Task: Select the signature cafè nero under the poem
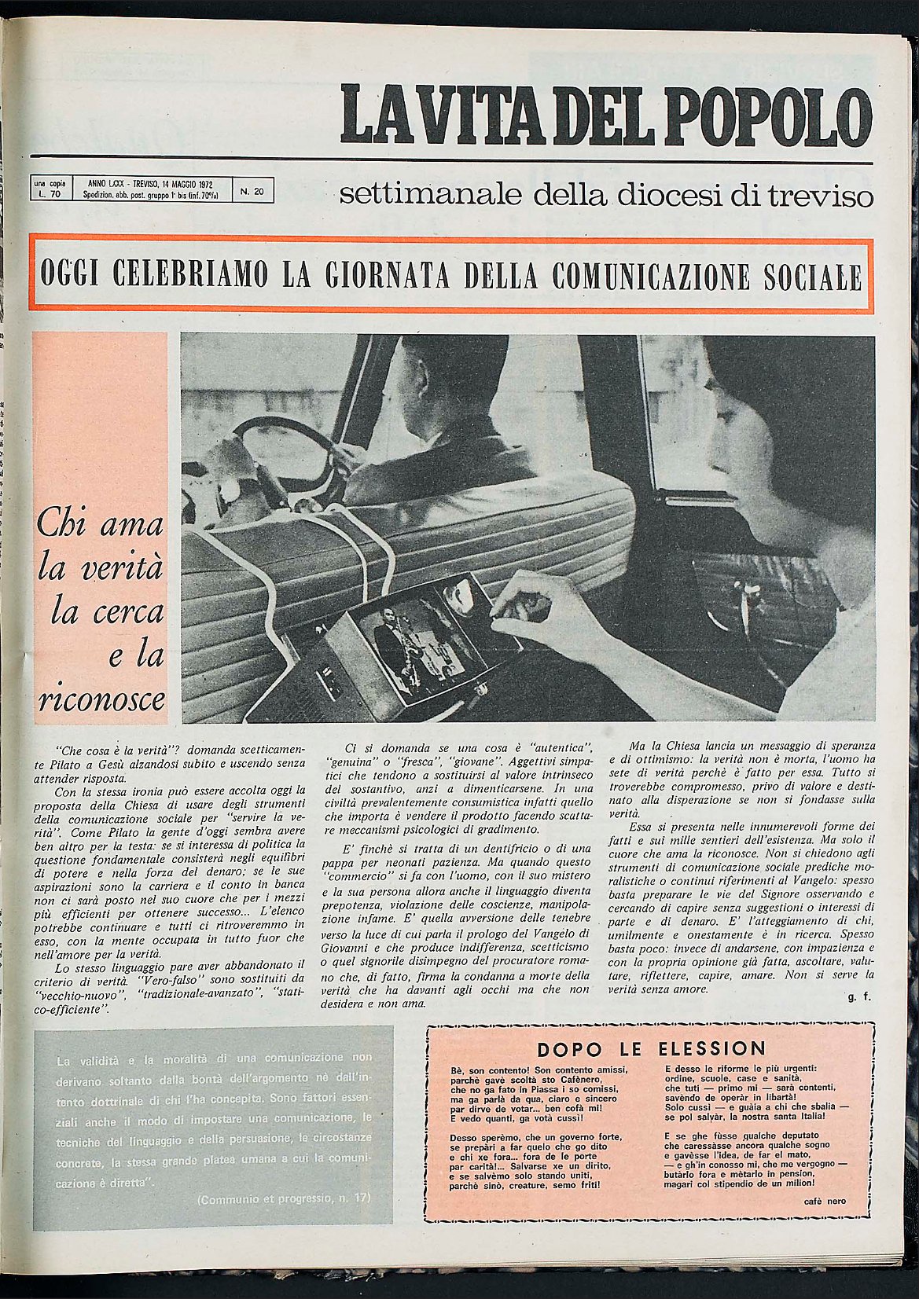tap(825, 1202)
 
